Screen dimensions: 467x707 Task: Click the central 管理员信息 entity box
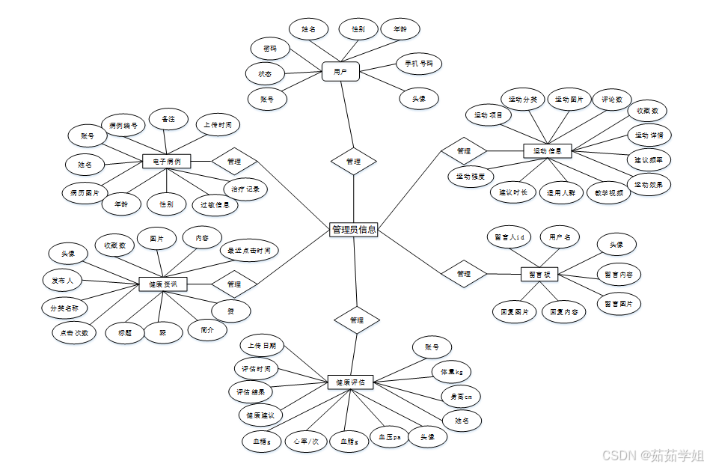354,231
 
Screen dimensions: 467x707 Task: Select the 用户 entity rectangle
341,72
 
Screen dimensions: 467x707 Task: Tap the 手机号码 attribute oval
418,63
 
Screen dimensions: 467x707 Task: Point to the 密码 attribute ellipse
270,49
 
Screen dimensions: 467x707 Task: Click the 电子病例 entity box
166,161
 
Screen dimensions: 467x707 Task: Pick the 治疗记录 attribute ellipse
245,189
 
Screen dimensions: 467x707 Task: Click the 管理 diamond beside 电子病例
234,161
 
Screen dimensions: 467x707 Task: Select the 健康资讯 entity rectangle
162,284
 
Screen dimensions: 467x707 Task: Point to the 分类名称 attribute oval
64,308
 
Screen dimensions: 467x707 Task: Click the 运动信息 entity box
548,150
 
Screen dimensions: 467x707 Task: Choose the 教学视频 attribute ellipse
608,192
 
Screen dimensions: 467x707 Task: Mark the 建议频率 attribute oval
648,160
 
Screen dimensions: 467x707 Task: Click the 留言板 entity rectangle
540,275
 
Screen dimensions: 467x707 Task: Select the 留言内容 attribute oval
619,275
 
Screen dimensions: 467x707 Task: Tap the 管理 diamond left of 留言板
464,274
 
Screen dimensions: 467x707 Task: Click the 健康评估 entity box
351,382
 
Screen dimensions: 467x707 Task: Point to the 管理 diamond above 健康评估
357,320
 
